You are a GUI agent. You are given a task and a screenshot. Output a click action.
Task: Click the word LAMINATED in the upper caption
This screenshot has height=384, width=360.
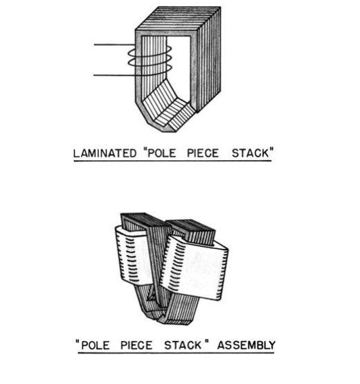(x=105, y=153)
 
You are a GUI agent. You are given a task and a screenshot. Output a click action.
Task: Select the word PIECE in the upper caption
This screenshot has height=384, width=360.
(x=203, y=153)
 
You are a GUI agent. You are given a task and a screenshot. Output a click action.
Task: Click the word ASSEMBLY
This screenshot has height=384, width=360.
(x=246, y=345)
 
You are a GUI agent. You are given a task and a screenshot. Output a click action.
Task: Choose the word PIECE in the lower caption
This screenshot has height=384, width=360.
(x=136, y=345)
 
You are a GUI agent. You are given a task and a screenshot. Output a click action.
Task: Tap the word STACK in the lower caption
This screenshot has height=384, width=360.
(x=183, y=345)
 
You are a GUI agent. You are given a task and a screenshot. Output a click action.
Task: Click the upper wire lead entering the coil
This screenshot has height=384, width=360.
(x=114, y=44)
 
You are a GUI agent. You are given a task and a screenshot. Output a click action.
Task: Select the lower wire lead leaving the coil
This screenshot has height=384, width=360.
(x=114, y=75)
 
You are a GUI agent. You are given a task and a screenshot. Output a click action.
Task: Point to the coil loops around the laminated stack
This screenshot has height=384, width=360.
(x=150, y=61)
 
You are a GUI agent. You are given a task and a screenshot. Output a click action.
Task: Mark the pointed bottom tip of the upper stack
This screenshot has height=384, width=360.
(x=169, y=131)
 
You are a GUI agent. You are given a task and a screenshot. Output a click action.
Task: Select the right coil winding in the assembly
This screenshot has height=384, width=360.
(x=195, y=268)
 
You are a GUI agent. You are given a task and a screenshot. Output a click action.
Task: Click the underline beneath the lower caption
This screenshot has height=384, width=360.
(x=176, y=353)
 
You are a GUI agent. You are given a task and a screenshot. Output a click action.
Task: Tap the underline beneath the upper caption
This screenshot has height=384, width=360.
(x=172, y=161)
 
